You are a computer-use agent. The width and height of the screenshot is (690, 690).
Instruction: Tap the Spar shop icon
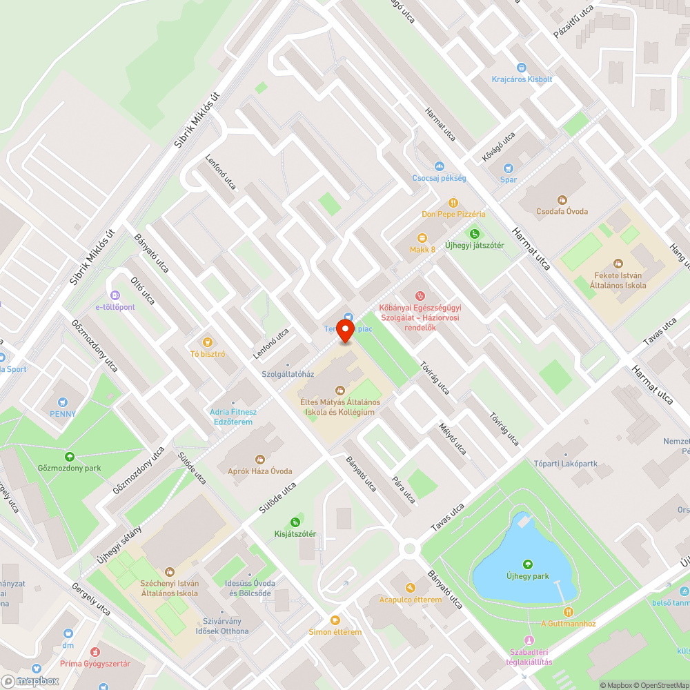(509, 168)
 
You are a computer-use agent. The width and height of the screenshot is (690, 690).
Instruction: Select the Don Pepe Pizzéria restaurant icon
(453, 203)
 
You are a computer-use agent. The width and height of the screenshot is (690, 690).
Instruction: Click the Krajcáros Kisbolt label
(522, 79)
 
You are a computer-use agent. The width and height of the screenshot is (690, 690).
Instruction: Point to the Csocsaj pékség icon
(440, 166)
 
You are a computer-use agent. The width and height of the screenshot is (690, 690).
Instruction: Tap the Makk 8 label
(423, 249)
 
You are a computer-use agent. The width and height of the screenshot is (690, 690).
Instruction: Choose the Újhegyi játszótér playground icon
(474, 234)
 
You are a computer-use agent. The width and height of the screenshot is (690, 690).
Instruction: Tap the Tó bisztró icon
(207, 342)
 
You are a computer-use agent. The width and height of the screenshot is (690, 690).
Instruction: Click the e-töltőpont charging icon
(115, 295)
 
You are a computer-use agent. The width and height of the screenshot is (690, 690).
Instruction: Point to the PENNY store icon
(63, 402)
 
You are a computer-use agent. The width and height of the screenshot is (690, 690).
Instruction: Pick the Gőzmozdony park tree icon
(69, 456)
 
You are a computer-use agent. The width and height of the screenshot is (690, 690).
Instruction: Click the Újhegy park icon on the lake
(528, 564)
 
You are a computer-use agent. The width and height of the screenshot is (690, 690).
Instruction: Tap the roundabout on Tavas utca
(411, 549)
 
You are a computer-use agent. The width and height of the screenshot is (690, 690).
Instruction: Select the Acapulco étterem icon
(411, 588)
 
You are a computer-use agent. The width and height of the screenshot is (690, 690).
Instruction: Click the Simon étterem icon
(335, 620)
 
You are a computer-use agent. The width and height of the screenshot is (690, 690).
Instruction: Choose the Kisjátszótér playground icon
(295, 522)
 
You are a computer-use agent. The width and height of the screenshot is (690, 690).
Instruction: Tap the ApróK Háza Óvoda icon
(260, 459)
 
